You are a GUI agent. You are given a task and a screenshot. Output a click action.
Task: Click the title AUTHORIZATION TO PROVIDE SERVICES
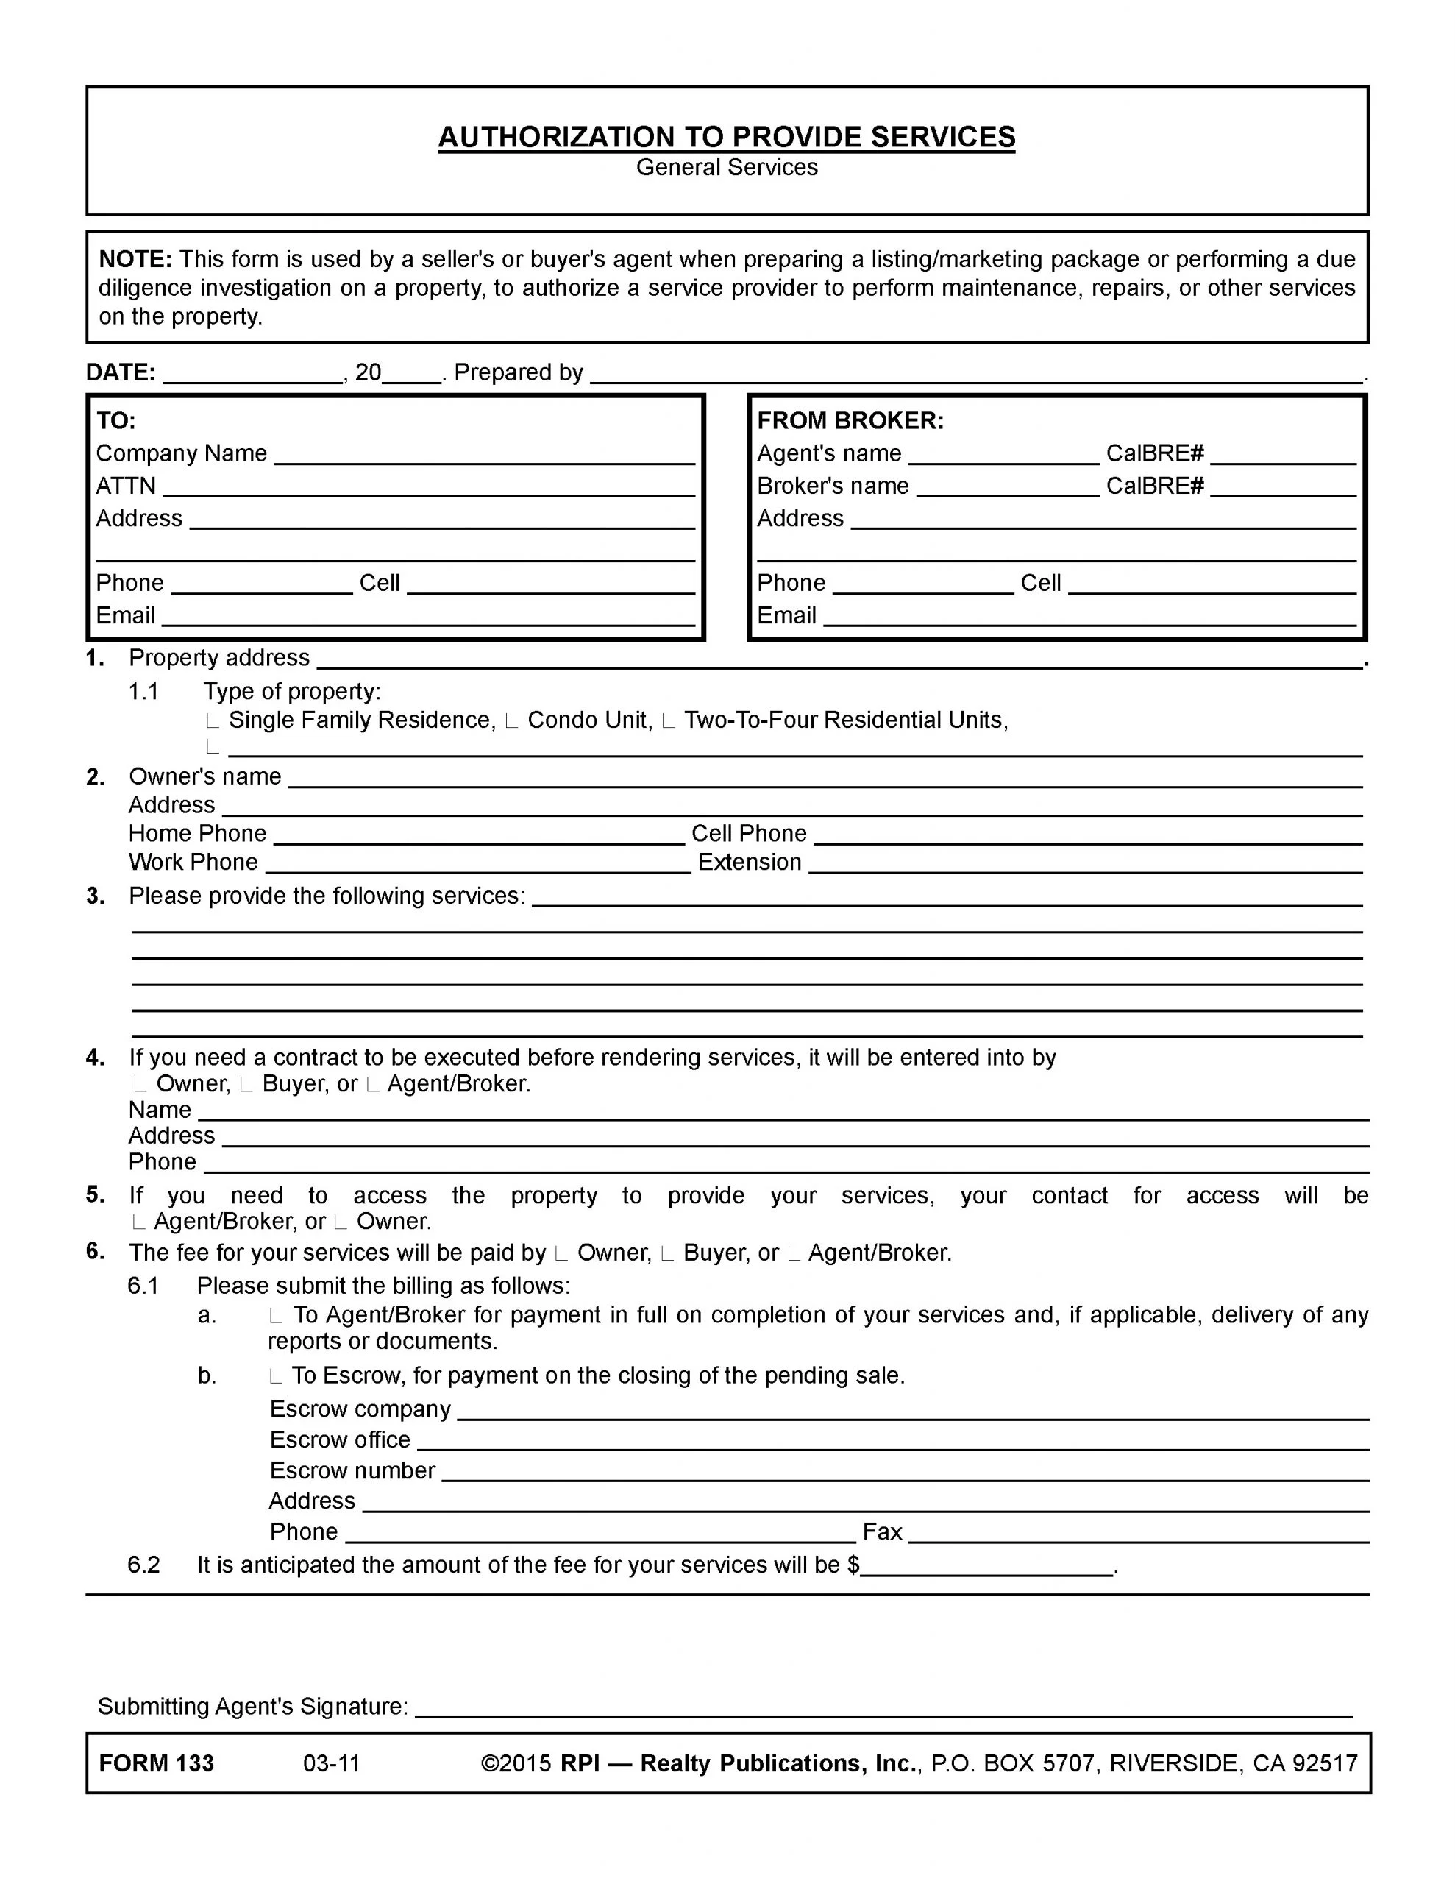pos(726,137)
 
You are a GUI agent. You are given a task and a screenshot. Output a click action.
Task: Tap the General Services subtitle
pos(726,167)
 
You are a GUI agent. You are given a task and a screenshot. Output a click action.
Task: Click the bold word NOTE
pos(135,260)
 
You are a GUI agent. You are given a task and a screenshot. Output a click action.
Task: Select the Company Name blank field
pos(484,456)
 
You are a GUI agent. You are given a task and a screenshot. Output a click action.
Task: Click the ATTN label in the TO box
pos(126,486)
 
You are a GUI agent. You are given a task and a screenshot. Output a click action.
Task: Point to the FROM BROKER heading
pos(850,421)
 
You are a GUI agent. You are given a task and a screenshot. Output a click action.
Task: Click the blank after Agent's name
pos(1004,456)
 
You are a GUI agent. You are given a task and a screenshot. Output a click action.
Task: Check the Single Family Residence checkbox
pos(213,721)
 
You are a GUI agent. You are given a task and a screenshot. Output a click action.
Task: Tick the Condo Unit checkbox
pos(511,721)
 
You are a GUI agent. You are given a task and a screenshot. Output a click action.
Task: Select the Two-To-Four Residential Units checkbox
pos(668,721)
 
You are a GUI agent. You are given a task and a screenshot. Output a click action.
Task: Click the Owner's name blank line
pos(825,779)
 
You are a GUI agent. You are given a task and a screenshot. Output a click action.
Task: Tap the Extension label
pos(750,863)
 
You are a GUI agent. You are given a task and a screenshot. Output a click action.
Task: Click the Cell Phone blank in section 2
pos(1088,835)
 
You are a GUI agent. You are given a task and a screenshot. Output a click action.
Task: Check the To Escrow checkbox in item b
pos(276,1376)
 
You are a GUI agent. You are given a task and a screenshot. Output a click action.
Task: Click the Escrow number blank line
pos(905,1472)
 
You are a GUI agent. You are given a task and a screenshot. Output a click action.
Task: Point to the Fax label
pos(882,1532)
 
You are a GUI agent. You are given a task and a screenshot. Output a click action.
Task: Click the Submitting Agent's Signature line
pos(883,1707)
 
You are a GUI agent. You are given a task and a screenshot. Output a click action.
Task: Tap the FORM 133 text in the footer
pos(156,1763)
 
